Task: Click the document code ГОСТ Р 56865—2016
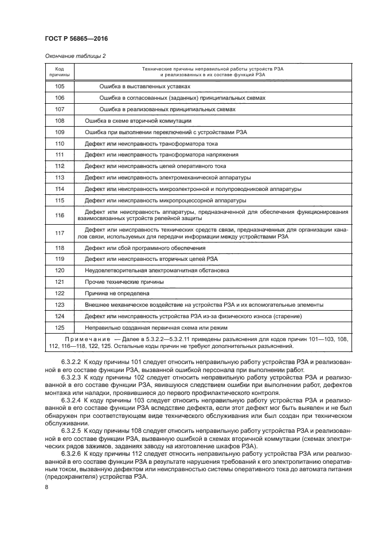click(x=76, y=38)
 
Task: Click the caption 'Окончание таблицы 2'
click(x=74, y=56)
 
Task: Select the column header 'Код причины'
click(x=59, y=72)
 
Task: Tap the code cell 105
click(x=59, y=87)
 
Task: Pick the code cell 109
click(x=59, y=132)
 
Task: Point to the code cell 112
click(x=59, y=166)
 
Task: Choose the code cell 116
click(x=59, y=216)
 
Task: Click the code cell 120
click(x=59, y=270)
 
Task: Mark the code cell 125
click(x=59, y=327)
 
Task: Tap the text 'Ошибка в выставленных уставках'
click(x=144, y=87)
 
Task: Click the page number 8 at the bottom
click(x=46, y=487)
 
